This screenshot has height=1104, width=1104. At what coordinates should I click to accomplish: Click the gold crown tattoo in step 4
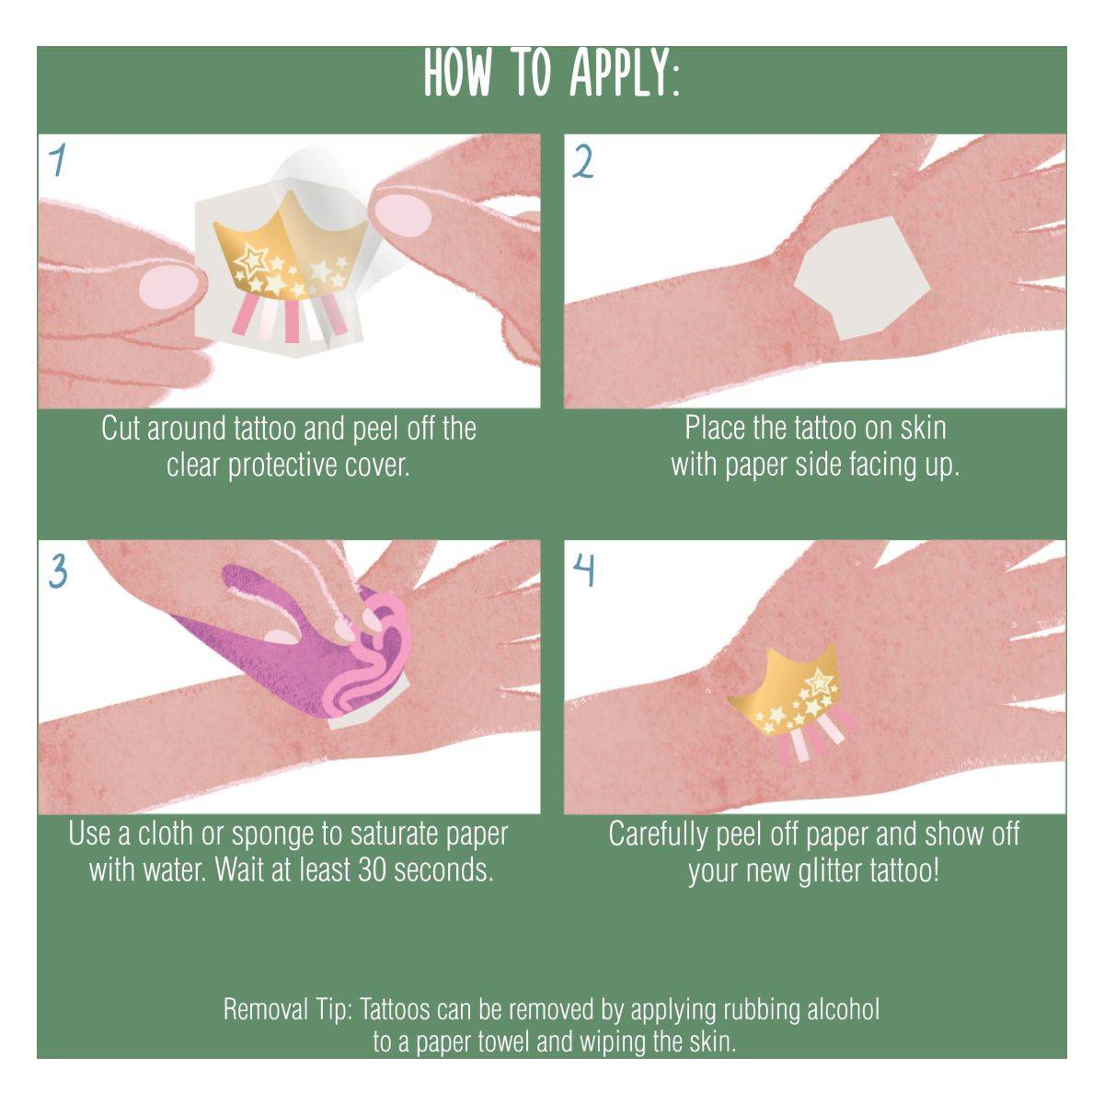[x=788, y=699]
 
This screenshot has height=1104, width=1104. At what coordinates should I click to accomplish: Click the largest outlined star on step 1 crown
[x=251, y=259]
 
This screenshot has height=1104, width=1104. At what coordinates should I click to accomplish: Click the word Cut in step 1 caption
[x=120, y=429]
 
